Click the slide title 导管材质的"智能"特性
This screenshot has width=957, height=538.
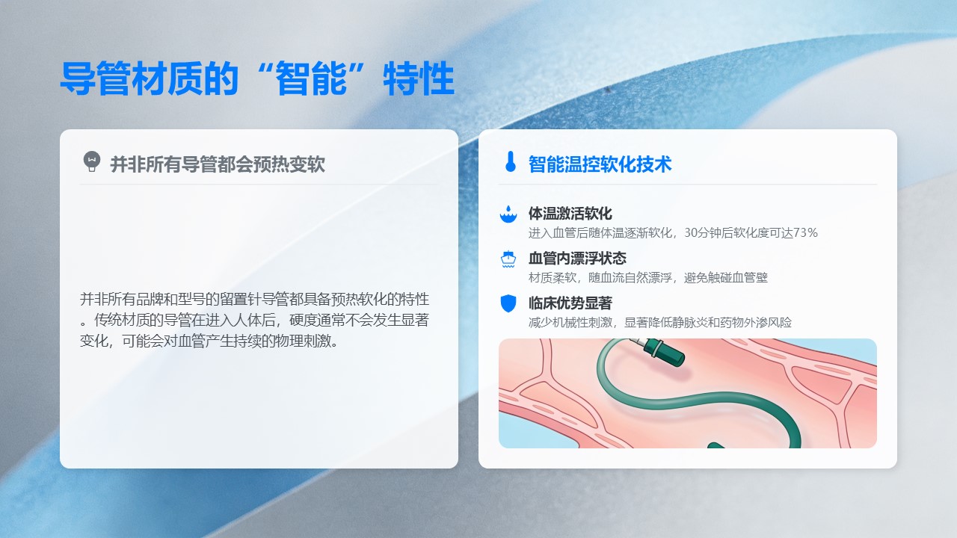pos(257,78)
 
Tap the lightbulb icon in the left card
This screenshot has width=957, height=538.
pos(91,161)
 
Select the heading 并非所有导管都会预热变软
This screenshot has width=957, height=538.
pos(218,164)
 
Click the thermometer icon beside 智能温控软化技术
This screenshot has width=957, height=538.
pos(510,161)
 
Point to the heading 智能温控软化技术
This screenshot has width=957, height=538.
pos(600,164)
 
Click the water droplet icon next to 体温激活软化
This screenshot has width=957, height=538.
pos(508,214)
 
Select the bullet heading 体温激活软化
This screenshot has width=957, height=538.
pos(570,213)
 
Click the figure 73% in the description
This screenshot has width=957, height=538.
pos(805,232)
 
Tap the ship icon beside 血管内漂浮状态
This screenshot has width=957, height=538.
pos(508,259)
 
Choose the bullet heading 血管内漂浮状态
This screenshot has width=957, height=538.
pos(577,259)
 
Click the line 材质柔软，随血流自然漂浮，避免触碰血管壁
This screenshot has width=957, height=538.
pos(648,277)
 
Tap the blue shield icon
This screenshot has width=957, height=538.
pos(508,303)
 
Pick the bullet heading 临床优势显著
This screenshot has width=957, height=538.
pos(570,303)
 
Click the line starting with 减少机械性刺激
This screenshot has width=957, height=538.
pos(660,322)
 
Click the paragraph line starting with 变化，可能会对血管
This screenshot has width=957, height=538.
pos(209,341)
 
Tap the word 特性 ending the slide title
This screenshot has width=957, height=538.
pos(419,78)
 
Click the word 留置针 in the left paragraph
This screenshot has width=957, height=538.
pos(240,300)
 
